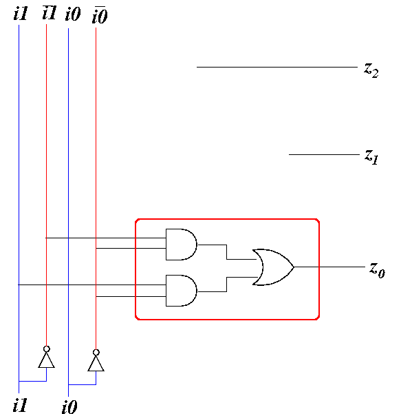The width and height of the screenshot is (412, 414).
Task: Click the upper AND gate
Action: [x=182, y=245]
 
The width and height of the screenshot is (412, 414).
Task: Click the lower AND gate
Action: [x=182, y=291]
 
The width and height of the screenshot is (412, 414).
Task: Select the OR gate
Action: [x=273, y=267]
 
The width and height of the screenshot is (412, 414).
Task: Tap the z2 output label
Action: [x=371, y=70]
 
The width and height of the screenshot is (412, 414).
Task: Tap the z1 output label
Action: [x=371, y=157]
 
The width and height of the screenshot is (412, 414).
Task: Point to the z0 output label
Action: [x=377, y=270]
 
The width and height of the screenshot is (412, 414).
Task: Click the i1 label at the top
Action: [x=21, y=14]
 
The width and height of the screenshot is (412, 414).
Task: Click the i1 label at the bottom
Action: [x=20, y=405]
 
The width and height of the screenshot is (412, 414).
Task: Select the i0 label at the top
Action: [x=73, y=14]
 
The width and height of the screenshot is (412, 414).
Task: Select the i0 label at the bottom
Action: [x=69, y=407]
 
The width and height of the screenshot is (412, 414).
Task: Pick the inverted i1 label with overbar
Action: [x=50, y=12]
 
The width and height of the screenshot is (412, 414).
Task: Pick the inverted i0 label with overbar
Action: [x=100, y=15]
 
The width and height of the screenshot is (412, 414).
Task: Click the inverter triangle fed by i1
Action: [x=46, y=360]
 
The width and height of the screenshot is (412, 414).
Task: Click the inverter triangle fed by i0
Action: [x=96, y=363]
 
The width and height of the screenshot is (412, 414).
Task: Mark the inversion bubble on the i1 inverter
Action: [x=46, y=349]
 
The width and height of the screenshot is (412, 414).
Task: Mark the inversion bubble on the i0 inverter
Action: [x=96, y=353]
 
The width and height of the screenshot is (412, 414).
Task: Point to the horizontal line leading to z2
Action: [x=277, y=67]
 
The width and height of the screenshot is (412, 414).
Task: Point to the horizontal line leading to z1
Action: [x=324, y=154]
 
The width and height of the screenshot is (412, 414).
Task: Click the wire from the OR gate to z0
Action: [x=329, y=267]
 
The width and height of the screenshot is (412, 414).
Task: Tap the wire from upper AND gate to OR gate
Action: [x=227, y=252]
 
